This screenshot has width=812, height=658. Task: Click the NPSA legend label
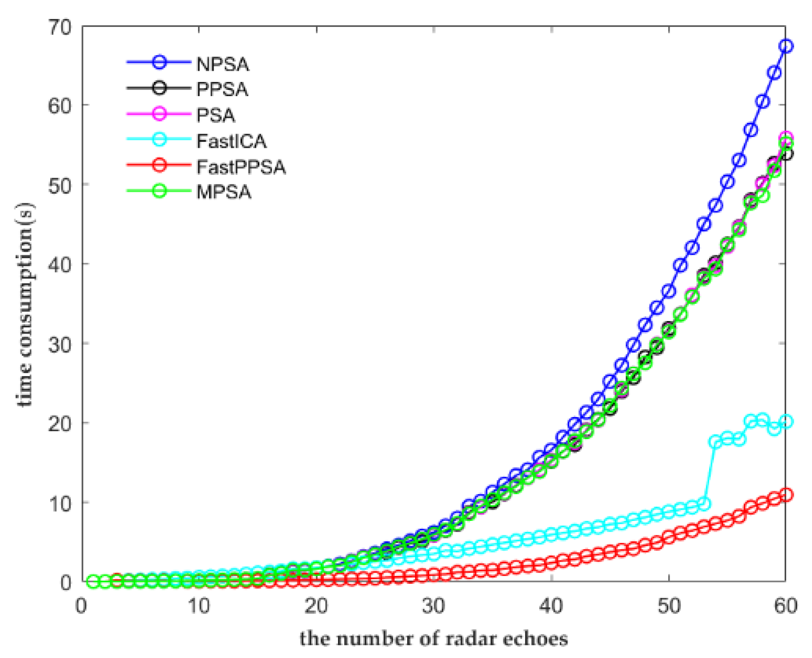(222, 64)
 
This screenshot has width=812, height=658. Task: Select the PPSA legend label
(222, 90)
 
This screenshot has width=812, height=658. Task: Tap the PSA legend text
(216, 116)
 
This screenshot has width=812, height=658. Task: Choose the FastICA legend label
(232, 141)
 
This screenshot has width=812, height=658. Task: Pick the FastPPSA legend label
(241, 167)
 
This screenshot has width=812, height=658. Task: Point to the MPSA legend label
(224, 192)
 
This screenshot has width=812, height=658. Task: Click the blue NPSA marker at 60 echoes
(786, 46)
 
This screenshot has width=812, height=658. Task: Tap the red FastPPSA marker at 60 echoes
(786, 495)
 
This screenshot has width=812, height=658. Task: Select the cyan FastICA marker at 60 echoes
(786, 421)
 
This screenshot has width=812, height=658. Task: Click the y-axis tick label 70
(59, 27)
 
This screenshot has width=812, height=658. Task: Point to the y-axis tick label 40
(59, 264)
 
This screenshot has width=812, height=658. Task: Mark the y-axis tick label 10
(59, 502)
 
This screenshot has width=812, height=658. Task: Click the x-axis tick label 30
(434, 606)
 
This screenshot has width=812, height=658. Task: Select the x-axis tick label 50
(669, 606)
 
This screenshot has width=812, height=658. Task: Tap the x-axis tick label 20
(316, 606)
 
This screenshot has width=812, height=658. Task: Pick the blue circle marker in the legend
(159, 62)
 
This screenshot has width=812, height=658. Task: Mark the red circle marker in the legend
(159, 165)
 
